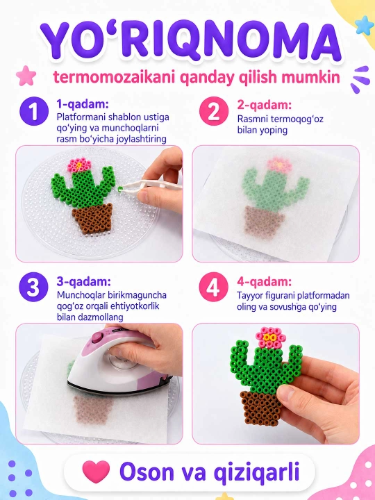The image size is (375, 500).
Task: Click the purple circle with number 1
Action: [x=33, y=111]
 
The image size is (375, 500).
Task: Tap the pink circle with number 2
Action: [x=214, y=111]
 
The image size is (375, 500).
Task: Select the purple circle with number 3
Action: [x=33, y=287]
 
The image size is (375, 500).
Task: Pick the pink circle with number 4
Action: [x=214, y=287]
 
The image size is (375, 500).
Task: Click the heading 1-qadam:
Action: [x=83, y=104]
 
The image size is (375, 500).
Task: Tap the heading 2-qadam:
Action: [x=265, y=105]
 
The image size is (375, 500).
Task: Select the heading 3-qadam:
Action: [x=84, y=282]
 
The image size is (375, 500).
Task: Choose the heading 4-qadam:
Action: [x=264, y=282]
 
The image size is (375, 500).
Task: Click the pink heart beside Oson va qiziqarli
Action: [x=96, y=472]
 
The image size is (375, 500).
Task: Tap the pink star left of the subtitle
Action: [x=26, y=76]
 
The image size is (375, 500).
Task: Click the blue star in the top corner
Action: [x=364, y=25]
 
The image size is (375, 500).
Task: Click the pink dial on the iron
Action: [x=97, y=337]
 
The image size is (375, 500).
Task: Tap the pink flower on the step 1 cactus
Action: [x=79, y=165]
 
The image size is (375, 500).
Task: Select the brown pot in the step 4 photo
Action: [x=262, y=408]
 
